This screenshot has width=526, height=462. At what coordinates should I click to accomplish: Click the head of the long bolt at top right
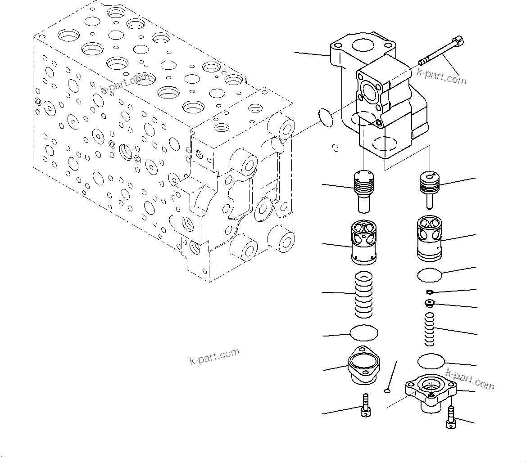(458, 41)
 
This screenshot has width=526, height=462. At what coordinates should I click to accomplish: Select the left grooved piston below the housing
(364, 190)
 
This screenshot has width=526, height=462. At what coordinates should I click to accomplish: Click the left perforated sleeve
(363, 242)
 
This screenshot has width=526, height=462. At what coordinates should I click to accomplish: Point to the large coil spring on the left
(364, 295)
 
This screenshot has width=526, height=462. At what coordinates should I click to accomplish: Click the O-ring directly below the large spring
(364, 333)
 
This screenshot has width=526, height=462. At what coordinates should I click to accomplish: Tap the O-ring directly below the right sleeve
(430, 274)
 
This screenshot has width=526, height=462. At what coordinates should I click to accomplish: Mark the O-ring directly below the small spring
(431, 361)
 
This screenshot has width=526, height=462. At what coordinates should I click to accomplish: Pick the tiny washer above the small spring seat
(430, 292)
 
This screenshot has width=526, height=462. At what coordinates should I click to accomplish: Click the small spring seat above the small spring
(430, 304)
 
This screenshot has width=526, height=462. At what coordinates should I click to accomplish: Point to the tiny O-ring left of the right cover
(386, 391)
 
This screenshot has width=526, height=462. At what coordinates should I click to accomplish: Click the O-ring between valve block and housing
(326, 117)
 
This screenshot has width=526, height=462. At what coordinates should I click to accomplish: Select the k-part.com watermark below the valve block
(214, 357)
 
